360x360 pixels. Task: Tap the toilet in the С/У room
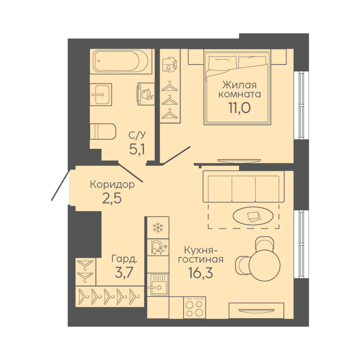103,132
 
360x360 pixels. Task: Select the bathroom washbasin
101,94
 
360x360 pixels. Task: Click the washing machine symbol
146,94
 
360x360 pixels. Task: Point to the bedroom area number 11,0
239,108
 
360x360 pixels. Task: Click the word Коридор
112,185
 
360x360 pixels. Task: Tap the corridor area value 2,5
112,198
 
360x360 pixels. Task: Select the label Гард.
124,259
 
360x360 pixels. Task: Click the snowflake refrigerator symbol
158,227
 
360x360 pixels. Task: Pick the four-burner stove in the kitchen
195,307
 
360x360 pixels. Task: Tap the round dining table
264,265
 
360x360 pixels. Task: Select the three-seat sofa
244,187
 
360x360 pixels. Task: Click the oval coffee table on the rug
253,216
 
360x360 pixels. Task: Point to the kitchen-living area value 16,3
201,273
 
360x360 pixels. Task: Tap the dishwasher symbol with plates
158,247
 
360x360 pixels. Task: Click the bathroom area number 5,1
137,150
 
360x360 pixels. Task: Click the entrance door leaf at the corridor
60,186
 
